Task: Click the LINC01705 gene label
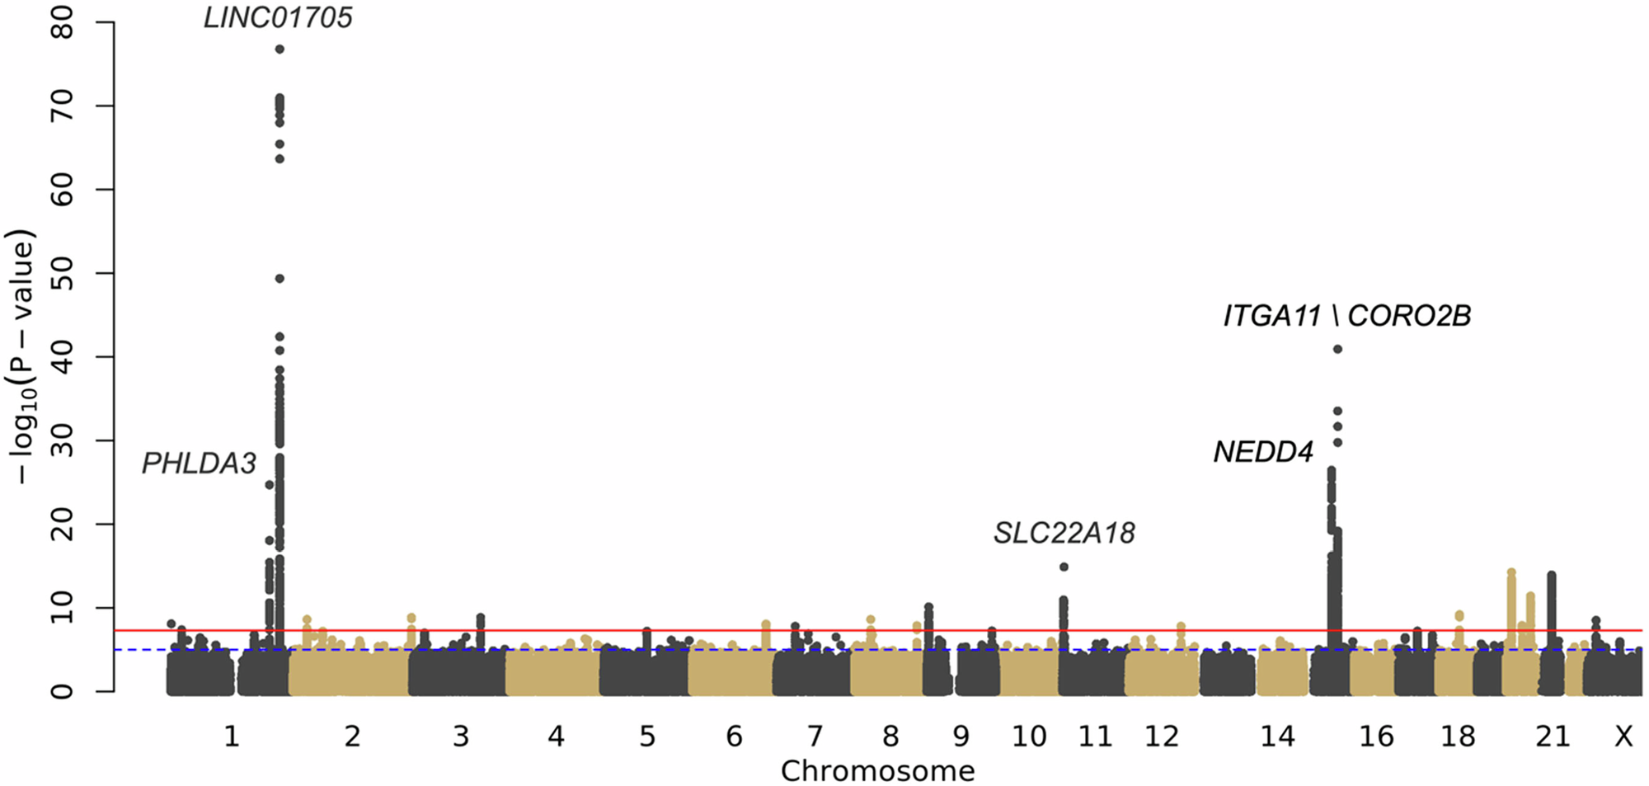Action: [278, 18]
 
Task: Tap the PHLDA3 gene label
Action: [199, 464]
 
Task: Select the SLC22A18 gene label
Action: [1064, 534]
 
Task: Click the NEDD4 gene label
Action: [1262, 452]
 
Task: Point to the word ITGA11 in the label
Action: [1271, 316]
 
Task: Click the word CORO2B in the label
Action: [1409, 316]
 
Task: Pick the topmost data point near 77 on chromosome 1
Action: [280, 49]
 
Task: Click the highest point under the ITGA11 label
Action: [1337, 349]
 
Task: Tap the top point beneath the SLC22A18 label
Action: [1064, 567]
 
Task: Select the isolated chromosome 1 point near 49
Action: [280, 279]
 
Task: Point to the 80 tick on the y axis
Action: [63, 22]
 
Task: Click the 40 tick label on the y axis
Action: [63, 356]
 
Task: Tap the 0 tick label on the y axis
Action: [63, 691]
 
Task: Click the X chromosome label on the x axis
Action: [1623, 736]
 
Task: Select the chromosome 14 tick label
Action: [1277, 736]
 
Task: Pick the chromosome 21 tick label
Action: [1553, 736]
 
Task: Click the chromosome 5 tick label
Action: [647, 736]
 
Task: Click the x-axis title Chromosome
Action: [877, 771]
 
